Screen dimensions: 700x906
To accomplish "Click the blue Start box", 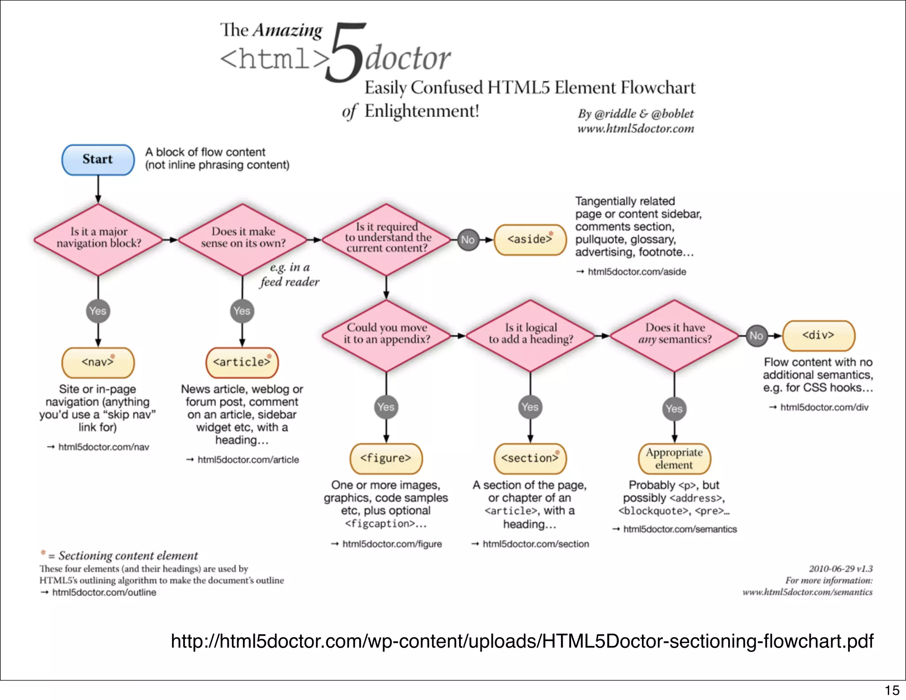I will [x=98, y=160].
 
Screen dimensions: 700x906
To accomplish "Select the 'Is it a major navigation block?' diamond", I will [x=98, y=239].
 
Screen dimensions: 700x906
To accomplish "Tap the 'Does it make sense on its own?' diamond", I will [x=242, y=239].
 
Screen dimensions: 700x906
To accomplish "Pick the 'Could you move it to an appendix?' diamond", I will [x=386, y=335].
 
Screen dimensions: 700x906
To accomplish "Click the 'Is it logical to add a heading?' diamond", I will [x=530, y=335].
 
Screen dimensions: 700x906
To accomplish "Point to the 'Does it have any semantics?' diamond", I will [x=674, y=335].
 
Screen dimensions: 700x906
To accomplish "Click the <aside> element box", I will [x=530, y=239].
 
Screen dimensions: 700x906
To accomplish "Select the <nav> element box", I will [x=98, y=362].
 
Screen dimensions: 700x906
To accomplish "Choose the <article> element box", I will [x=242, y=362].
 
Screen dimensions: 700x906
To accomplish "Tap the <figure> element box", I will [x=386, y=458].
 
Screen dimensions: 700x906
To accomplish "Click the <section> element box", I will [x=530, y=458].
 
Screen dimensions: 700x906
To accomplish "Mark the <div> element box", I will [x=818, y=335].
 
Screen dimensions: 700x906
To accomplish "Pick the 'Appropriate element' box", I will [x=674, y=458].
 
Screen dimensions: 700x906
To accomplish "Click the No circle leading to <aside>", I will [x=468, y=240].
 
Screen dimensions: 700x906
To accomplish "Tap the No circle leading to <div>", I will [x=756, y=336].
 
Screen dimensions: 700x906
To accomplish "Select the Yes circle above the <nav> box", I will [x=98, y=311].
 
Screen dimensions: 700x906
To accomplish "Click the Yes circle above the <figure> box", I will [x=386, y=407].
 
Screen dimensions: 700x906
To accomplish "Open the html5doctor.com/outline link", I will [x=104, y=592].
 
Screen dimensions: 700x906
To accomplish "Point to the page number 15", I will [x=892, y=690].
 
